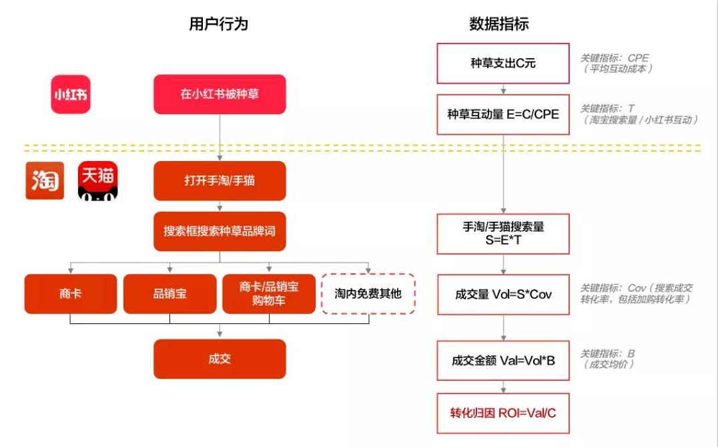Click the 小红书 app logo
coord(71,94)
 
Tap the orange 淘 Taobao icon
coord(45,180)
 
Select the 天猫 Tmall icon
coord(97,180)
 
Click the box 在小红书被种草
coord(220,94)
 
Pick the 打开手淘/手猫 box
coord(220,181)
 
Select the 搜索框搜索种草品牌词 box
coord(220,231)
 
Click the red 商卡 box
coord(70,293)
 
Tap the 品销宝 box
coord(169,293)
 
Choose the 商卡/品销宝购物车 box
coord(269,293)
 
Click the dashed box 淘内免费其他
coord(368,293)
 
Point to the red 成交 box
coord(220,359)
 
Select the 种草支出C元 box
coord(503,63)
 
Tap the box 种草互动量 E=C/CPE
coord(503,114)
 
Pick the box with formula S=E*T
coord(503,233)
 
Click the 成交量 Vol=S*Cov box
coord(503,294)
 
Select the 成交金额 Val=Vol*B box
coord(503,361)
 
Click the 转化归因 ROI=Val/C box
coord(503,412)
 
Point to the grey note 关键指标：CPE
coord(614,58)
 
